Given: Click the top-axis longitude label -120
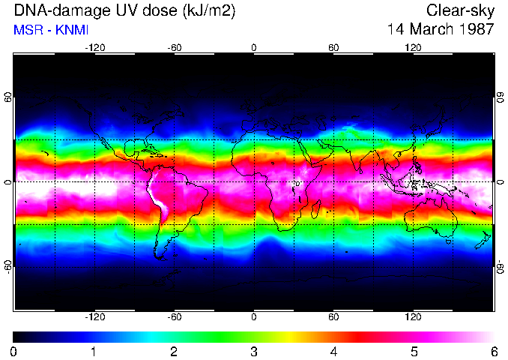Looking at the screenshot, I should (x=94, y=47).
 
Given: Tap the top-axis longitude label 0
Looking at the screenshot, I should (x=254, y=47).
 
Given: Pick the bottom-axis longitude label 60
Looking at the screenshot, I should (x=333, y=316).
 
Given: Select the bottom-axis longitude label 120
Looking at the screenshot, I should (x=413, y=316).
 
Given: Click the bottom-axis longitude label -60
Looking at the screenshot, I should (x=175, y=316).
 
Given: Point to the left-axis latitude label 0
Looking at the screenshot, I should (x=8, y=181).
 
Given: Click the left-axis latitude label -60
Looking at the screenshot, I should (x=8, y=266).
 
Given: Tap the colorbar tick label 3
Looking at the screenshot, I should (x=254, y=351).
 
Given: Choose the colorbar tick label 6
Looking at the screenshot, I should (x=493, y=351).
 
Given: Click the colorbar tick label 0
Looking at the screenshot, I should (x=14, y=351).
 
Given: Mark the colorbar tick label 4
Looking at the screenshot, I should (x=333, y=351).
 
